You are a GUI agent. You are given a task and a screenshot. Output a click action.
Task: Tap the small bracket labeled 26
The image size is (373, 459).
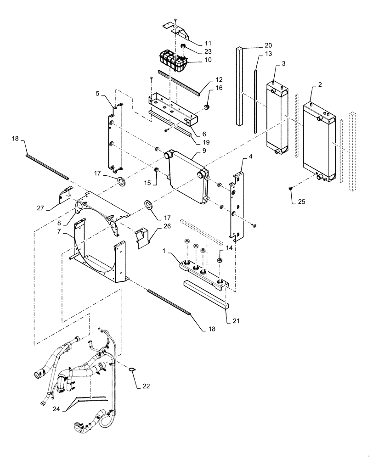(142, 237)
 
